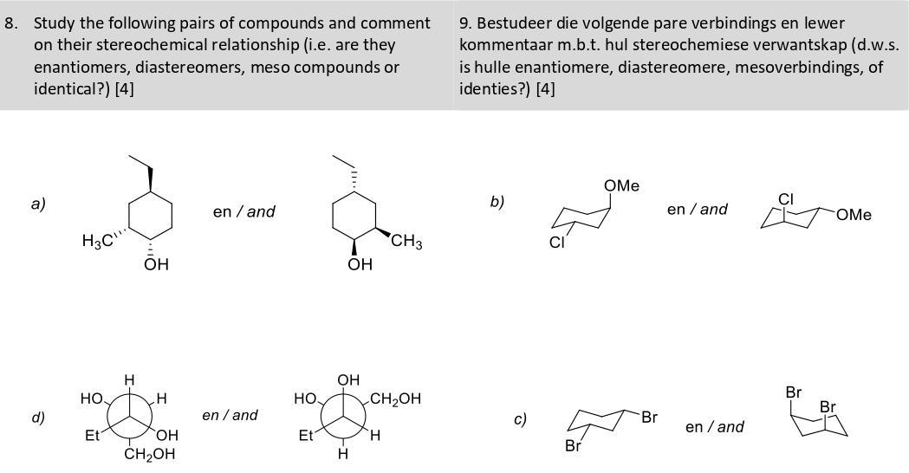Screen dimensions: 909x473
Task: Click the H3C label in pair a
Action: click(x=96, y=241)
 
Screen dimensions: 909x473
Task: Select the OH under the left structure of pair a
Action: click(x=156, y=265)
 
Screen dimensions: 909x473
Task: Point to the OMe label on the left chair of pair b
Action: click(x=621, y=185)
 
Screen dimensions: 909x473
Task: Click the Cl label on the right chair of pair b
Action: click(x=786, y=199)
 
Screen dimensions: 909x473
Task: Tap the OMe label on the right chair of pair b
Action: click(x=854, y=214)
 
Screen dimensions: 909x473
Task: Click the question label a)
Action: click(x=37, y=204)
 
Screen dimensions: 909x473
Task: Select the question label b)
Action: click(x=497, y=202)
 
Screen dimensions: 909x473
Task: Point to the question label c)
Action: click(x=520, y=418)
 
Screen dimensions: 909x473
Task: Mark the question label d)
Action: click(x=37, y=417)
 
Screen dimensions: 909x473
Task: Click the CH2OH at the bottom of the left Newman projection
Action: click(x=150, y=454)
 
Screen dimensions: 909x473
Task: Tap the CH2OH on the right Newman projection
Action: click(x=395, y=398)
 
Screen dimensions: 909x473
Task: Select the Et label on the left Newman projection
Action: click(x=91, y=436)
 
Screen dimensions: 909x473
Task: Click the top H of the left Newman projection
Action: click(x=129, y=379)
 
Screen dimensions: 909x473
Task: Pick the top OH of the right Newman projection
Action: click(x=348, y=379)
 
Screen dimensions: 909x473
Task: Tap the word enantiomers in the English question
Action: click(x=79, y=68)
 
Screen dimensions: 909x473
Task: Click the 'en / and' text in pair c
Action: click(x=714, y=426)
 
